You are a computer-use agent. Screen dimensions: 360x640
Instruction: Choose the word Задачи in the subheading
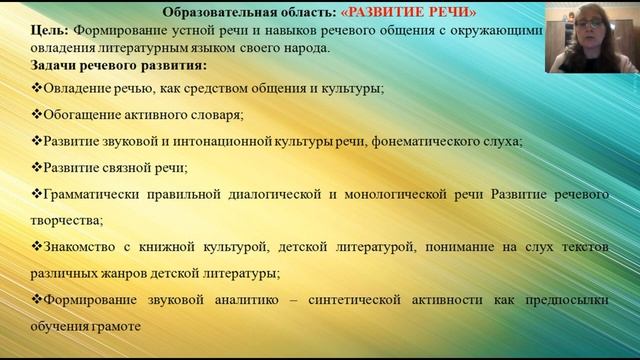click(x=57, y=65)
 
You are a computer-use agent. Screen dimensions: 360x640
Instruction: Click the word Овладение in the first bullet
click(x=74, y=88)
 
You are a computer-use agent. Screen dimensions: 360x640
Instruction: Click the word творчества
click(x=72, y=218)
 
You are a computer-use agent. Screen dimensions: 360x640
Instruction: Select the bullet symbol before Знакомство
click(x=36, y=246)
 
